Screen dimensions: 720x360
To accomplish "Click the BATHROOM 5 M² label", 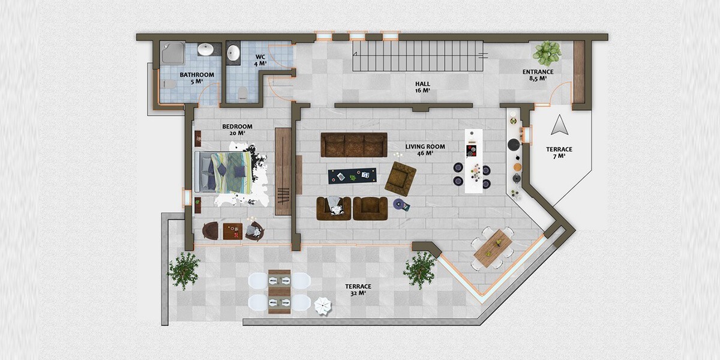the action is point(197,78).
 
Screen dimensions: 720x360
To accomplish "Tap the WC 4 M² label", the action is point(260,60).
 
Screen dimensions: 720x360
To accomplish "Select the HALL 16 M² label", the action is point(422,87).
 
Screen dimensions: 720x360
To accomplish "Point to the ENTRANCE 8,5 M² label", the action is point(538,75).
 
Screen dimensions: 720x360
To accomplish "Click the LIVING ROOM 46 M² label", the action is point(425,150).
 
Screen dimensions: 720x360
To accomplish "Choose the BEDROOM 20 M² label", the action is point(237,130).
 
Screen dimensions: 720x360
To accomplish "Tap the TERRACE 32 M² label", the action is point(358,290).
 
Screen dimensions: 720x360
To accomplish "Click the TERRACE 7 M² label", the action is point(559,152).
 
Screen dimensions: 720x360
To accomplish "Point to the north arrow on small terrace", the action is point(560,125).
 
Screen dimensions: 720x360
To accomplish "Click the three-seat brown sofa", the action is point(354,145).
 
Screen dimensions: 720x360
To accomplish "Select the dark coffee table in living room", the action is point(352,176).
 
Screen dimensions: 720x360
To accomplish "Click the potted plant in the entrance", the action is point(547,53).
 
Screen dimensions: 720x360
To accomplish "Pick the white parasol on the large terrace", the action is point(323,306).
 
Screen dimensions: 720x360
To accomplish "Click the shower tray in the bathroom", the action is point(173,53).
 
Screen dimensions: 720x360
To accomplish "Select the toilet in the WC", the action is point(242,93).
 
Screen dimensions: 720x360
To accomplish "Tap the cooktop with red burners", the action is point(472,151).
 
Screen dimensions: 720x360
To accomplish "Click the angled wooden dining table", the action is point(493,248).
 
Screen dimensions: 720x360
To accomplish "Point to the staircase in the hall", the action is point(418,56).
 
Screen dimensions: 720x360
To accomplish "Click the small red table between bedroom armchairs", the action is point(233,232).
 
